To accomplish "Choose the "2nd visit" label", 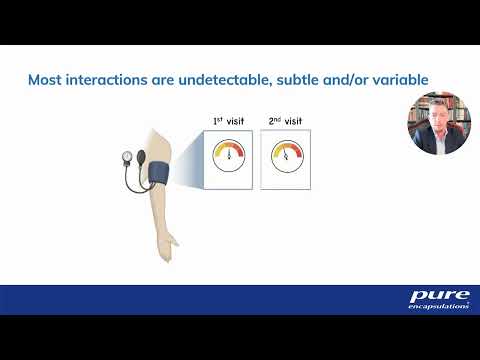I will (x=284, y=121).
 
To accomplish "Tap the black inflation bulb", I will (x=143, y=157).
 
